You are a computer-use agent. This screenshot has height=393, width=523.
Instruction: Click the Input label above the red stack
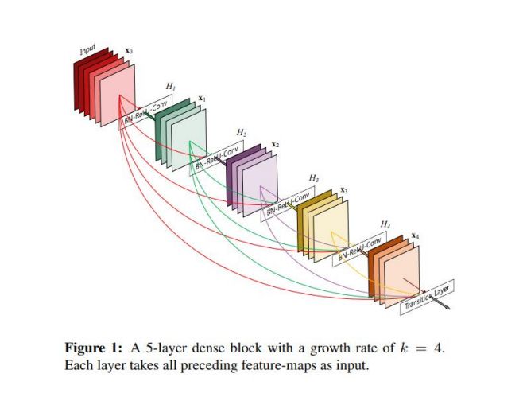(x=87, y=53)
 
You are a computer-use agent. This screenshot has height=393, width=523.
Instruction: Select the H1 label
(x=170, y=85)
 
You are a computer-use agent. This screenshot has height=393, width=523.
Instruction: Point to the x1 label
(x=202, y=98)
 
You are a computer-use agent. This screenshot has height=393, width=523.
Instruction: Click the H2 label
(x=241, y=130)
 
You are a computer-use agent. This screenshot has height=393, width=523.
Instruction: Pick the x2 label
(x=275, y=144)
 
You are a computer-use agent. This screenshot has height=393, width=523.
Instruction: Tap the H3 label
(x=313, y=177)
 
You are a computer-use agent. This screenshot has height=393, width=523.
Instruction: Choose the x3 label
(x=345, y=190)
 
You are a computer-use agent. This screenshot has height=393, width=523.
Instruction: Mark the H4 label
(x=385, y=224)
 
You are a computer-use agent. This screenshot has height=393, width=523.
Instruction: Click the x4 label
(x=416, y=236)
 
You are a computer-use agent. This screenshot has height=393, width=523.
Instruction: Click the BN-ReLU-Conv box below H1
(x=149, y=115)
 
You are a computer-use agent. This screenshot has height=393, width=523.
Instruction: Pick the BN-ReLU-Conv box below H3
(x=290, y=205)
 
